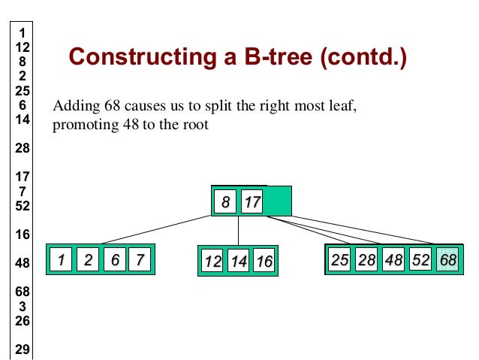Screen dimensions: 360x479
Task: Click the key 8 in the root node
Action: point(224,201)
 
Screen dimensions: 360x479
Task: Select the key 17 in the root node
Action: point(252,201)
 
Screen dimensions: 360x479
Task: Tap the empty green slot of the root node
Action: point(278,201)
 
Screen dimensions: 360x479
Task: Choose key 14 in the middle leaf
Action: point(238,261)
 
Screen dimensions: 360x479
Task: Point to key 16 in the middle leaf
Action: point(263,261)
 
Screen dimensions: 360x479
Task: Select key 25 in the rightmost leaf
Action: point(340,259)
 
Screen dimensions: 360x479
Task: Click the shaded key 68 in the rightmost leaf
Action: point(448,259)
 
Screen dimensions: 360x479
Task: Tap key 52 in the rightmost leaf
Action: point(421,259)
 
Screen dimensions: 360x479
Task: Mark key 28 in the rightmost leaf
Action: point(367,259)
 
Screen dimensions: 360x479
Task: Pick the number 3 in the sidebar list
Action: point(23,307)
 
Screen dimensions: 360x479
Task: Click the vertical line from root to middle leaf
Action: point(238,230)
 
